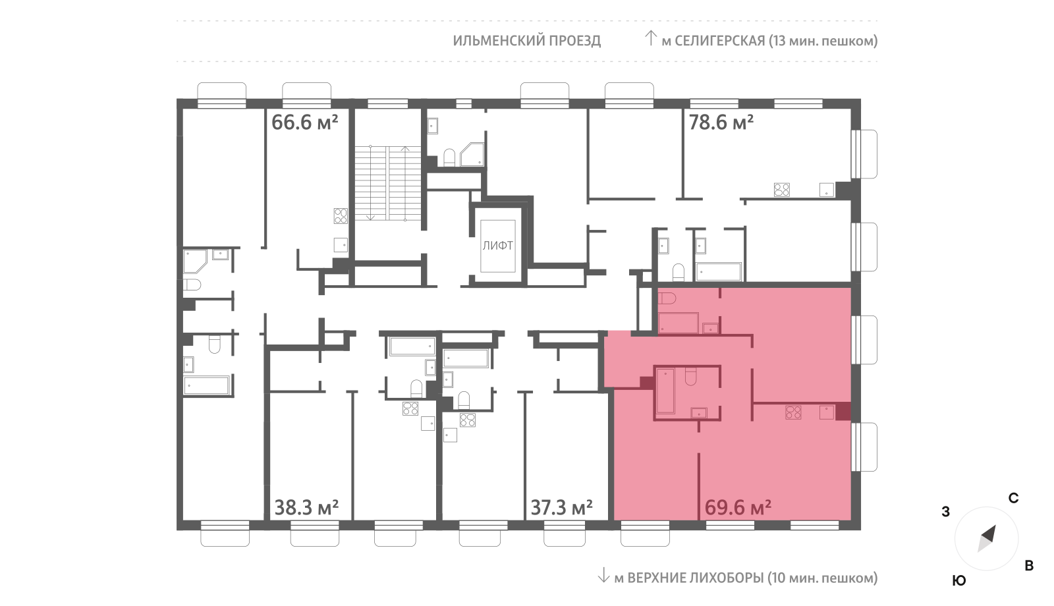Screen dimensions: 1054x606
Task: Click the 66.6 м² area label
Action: point(305,123)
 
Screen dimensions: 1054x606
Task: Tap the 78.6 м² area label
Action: point(721,123)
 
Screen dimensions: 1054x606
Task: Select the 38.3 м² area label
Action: point(306,508)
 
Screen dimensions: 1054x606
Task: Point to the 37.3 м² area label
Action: point(561,508)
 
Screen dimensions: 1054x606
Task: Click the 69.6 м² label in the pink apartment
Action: point(738,508)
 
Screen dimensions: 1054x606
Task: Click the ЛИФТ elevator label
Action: point(498,246)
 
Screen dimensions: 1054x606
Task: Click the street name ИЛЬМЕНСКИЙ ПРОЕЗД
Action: point(526,41)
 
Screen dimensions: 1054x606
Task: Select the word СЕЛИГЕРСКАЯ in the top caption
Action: point(720,41)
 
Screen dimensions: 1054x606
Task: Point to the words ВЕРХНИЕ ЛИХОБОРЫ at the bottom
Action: point(696,578)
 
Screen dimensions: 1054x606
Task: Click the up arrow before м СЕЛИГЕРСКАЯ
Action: point(650,38)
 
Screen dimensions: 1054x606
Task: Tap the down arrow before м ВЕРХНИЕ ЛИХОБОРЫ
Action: point(603,575)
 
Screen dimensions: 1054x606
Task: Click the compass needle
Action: point(987,539)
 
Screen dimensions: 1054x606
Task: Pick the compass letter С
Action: point(1013,498)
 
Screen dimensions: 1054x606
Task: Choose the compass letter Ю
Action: point(959,580)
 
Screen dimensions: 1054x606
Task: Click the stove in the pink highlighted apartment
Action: point(793,412)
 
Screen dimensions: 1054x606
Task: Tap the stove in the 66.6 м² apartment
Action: point(341,216)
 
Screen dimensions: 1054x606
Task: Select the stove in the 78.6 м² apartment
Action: point(782,190)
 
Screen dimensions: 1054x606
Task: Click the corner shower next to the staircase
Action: point(472,154)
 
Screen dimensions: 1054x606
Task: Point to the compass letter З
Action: point(945,512)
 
